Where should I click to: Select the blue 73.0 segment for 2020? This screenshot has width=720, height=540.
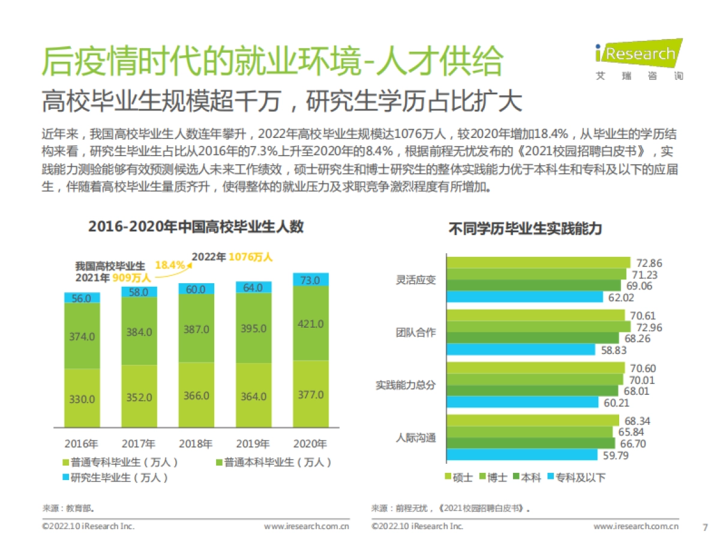point(311,280)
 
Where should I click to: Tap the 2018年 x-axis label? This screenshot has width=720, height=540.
point(196,444)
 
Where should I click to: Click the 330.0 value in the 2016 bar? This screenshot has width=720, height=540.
point(82,398)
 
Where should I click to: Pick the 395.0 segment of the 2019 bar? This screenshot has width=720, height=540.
point(253,328)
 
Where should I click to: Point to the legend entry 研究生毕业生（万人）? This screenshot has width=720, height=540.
point(115,478)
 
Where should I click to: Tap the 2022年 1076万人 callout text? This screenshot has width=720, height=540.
point(232,257)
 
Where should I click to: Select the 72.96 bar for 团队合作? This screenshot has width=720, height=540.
point(538,326)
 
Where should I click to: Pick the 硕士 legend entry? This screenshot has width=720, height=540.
point(458,478)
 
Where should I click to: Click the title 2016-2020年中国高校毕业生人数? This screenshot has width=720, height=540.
point(196,227)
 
